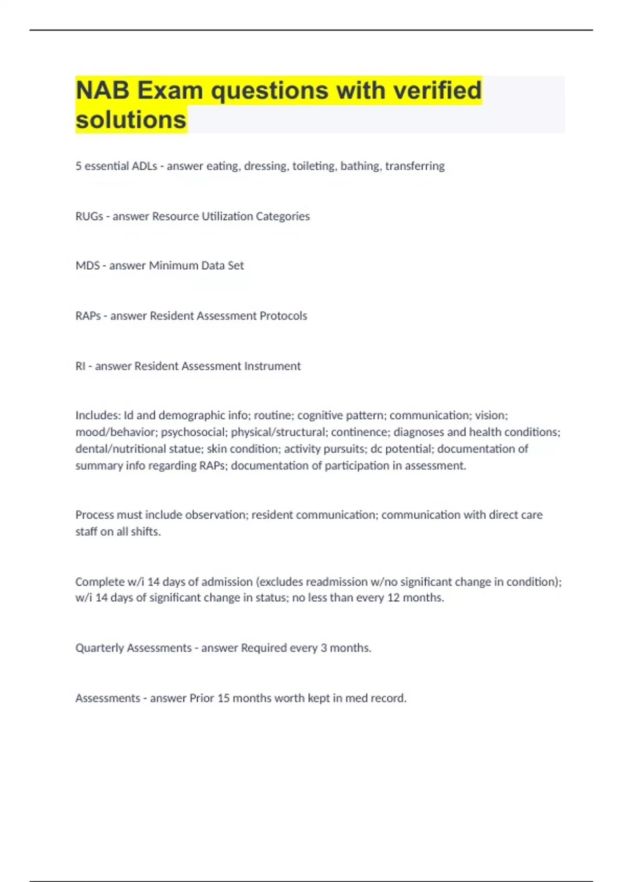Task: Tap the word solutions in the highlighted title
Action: [x=131, y=120]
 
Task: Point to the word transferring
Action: [x=415, y=166]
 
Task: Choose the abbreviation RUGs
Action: [x=89, y=216]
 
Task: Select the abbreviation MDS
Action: [x=88, y=266]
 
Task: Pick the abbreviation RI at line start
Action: [x=80, y=366]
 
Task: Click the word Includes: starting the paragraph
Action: [x=98, y=416]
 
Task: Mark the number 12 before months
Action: [x=394, y=598]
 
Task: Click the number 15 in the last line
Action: [x=223, y=698]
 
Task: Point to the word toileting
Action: [x=314, y=166]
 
